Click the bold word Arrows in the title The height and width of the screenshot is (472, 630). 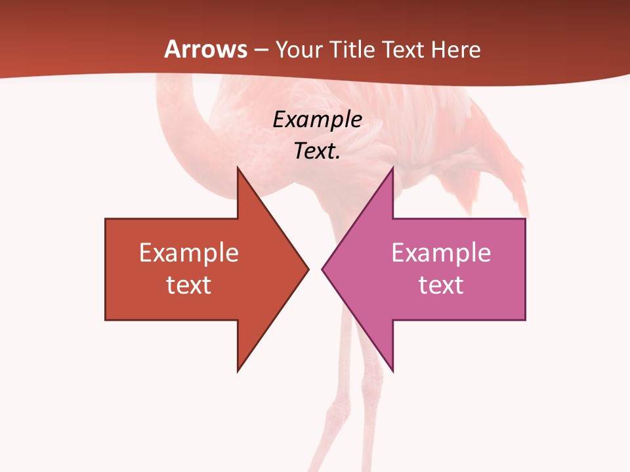pos(206,49)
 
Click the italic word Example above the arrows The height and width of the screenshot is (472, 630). pos(317,119)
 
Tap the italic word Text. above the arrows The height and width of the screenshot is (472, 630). pos(317,151)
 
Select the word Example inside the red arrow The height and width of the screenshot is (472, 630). pos(189,253)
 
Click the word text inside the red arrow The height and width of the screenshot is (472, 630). pos(189,285)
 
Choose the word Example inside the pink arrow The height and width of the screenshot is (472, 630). pos(441,253)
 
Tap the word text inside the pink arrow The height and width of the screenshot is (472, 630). pos(441,285)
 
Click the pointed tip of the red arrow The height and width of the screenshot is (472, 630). pos(308,269)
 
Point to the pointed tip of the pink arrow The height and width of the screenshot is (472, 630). pos(322,269)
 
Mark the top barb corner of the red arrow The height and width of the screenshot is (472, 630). pos(238,168)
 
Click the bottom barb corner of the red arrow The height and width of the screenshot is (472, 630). pos(238,371)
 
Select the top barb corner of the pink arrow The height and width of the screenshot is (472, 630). pos(392,168)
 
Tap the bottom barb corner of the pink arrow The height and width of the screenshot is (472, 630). pos(392,371)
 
